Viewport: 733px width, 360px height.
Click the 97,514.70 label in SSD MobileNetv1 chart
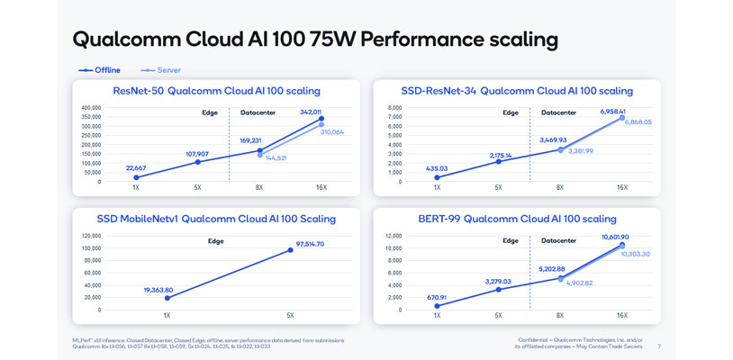tap(309, 244)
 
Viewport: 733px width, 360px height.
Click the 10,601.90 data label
tap(620, 238)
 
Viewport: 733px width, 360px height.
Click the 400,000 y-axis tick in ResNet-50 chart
tap(90, 108)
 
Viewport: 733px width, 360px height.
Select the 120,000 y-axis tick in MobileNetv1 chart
tap(90, 236)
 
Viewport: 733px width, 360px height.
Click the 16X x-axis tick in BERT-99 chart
tap(621, 315)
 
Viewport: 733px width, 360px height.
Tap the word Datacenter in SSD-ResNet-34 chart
tap(558, 113)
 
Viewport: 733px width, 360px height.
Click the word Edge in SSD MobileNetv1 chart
tap(215, 241)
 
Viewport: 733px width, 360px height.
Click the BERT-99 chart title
tap(517, 219)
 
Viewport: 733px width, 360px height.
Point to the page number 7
tap(659, 346)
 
